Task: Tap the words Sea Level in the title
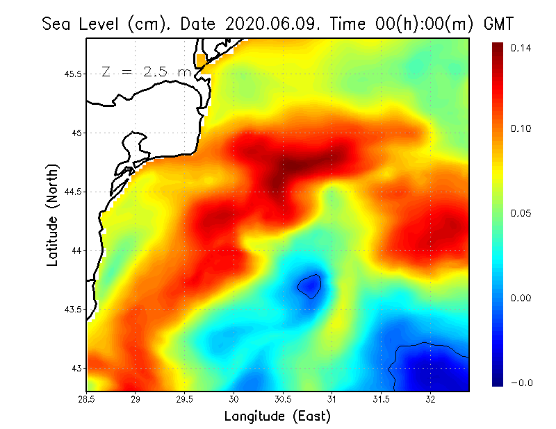point(82,24)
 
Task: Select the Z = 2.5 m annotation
point(146,71)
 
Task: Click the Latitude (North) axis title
point(53,215)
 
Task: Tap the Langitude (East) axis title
point(277,417)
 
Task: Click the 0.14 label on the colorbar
point(520,48)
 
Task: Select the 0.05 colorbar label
point(520,213)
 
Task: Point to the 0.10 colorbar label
point(520,128)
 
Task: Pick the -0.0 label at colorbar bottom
point(520,382)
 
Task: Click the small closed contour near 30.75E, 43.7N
point(310,285)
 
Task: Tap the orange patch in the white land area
point(202,60)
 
